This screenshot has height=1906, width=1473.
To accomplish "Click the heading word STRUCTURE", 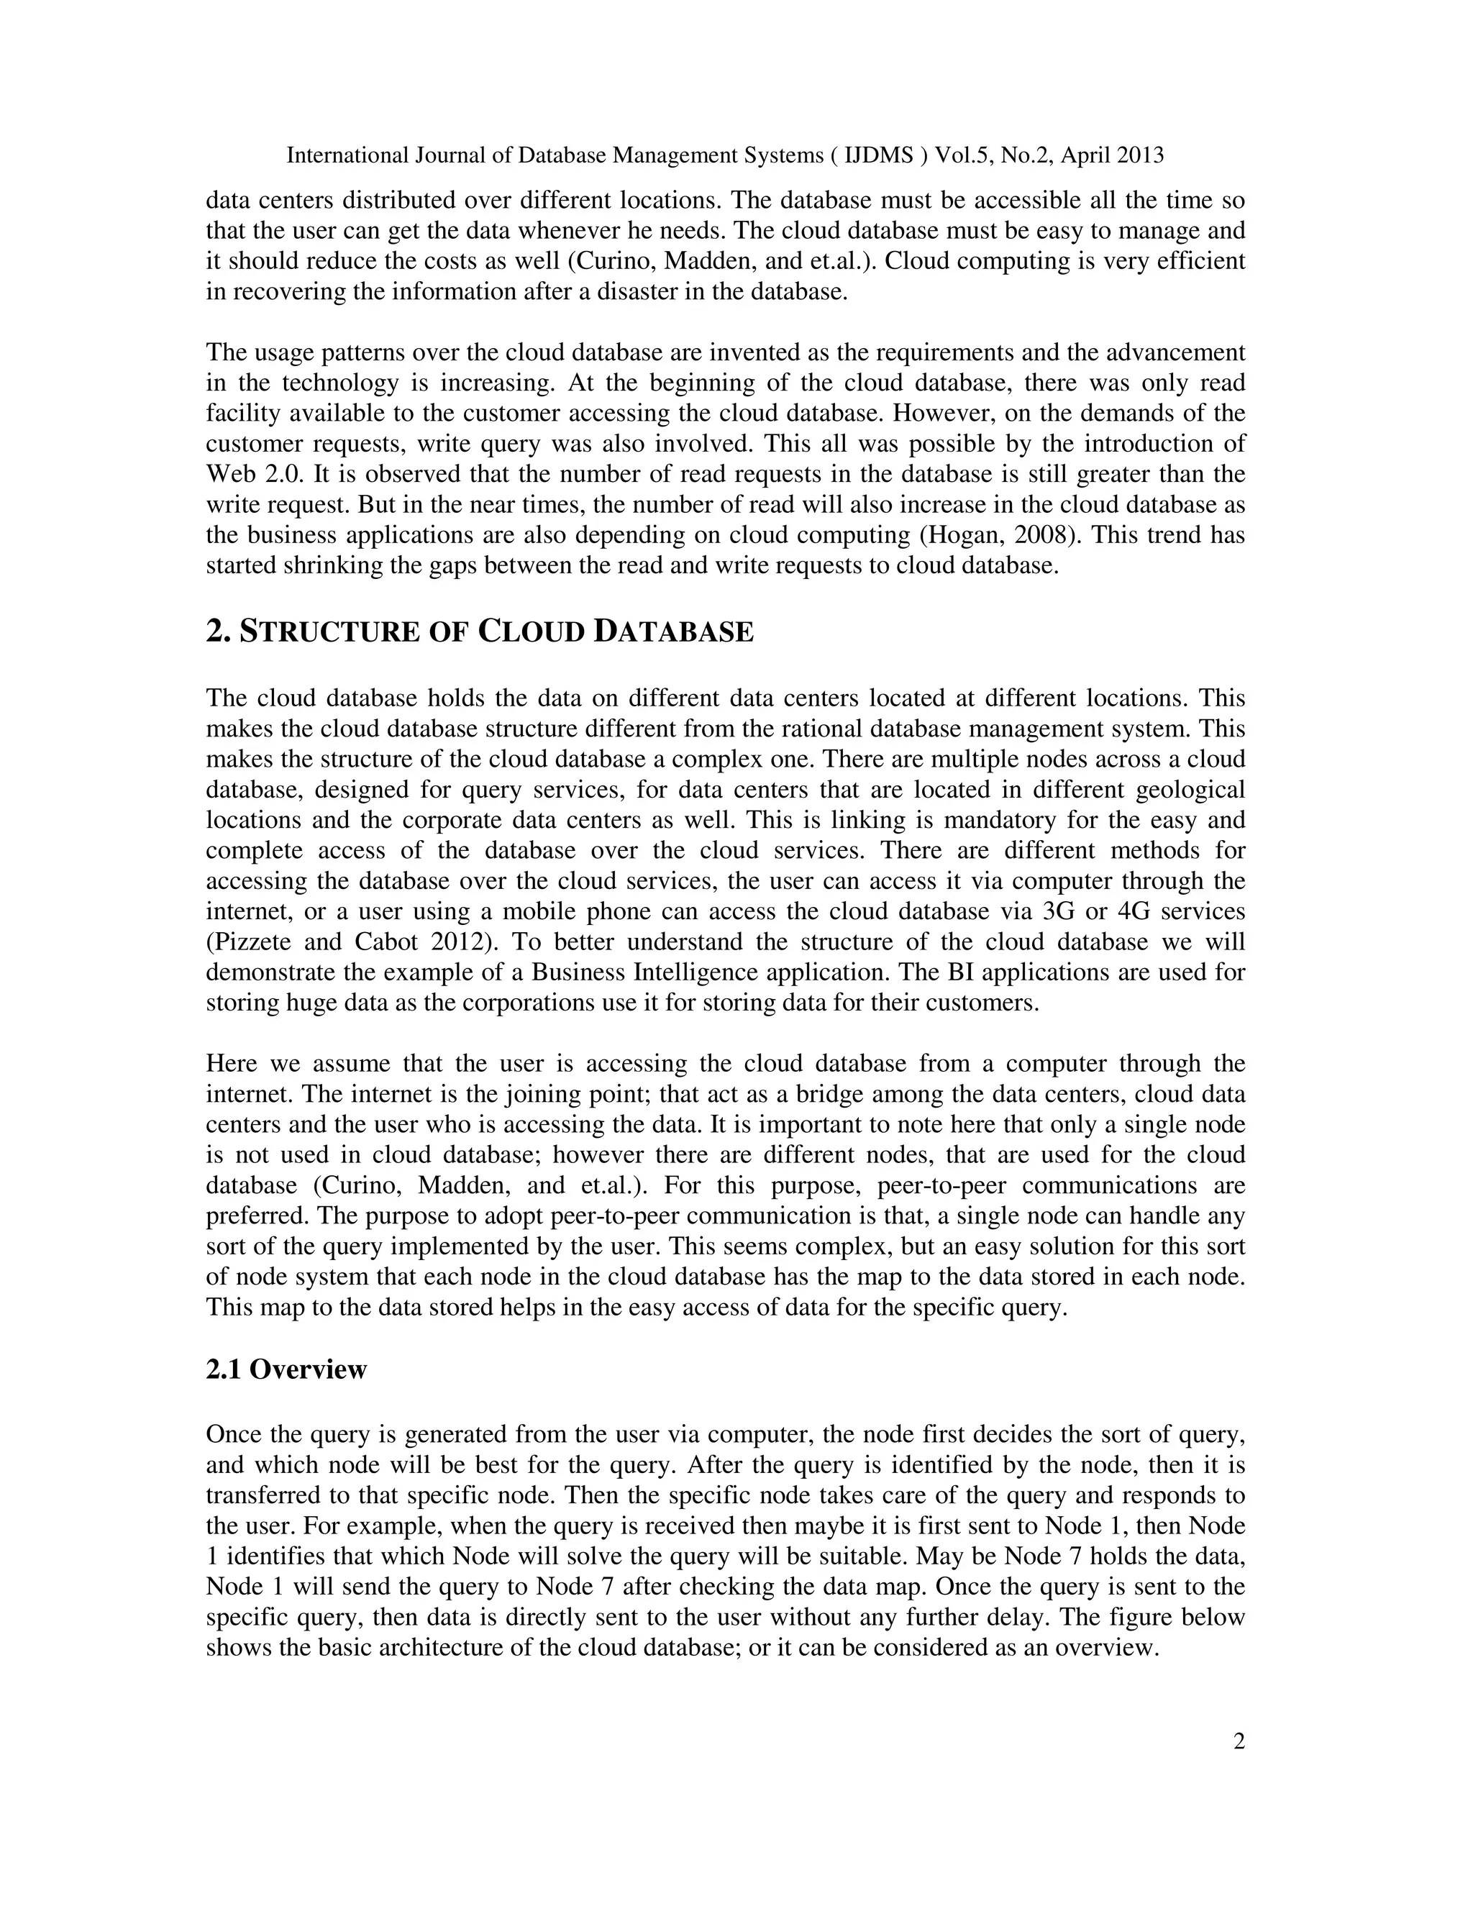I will (x=328, y=631).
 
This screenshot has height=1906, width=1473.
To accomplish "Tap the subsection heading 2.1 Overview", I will (x=286, y=1369).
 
